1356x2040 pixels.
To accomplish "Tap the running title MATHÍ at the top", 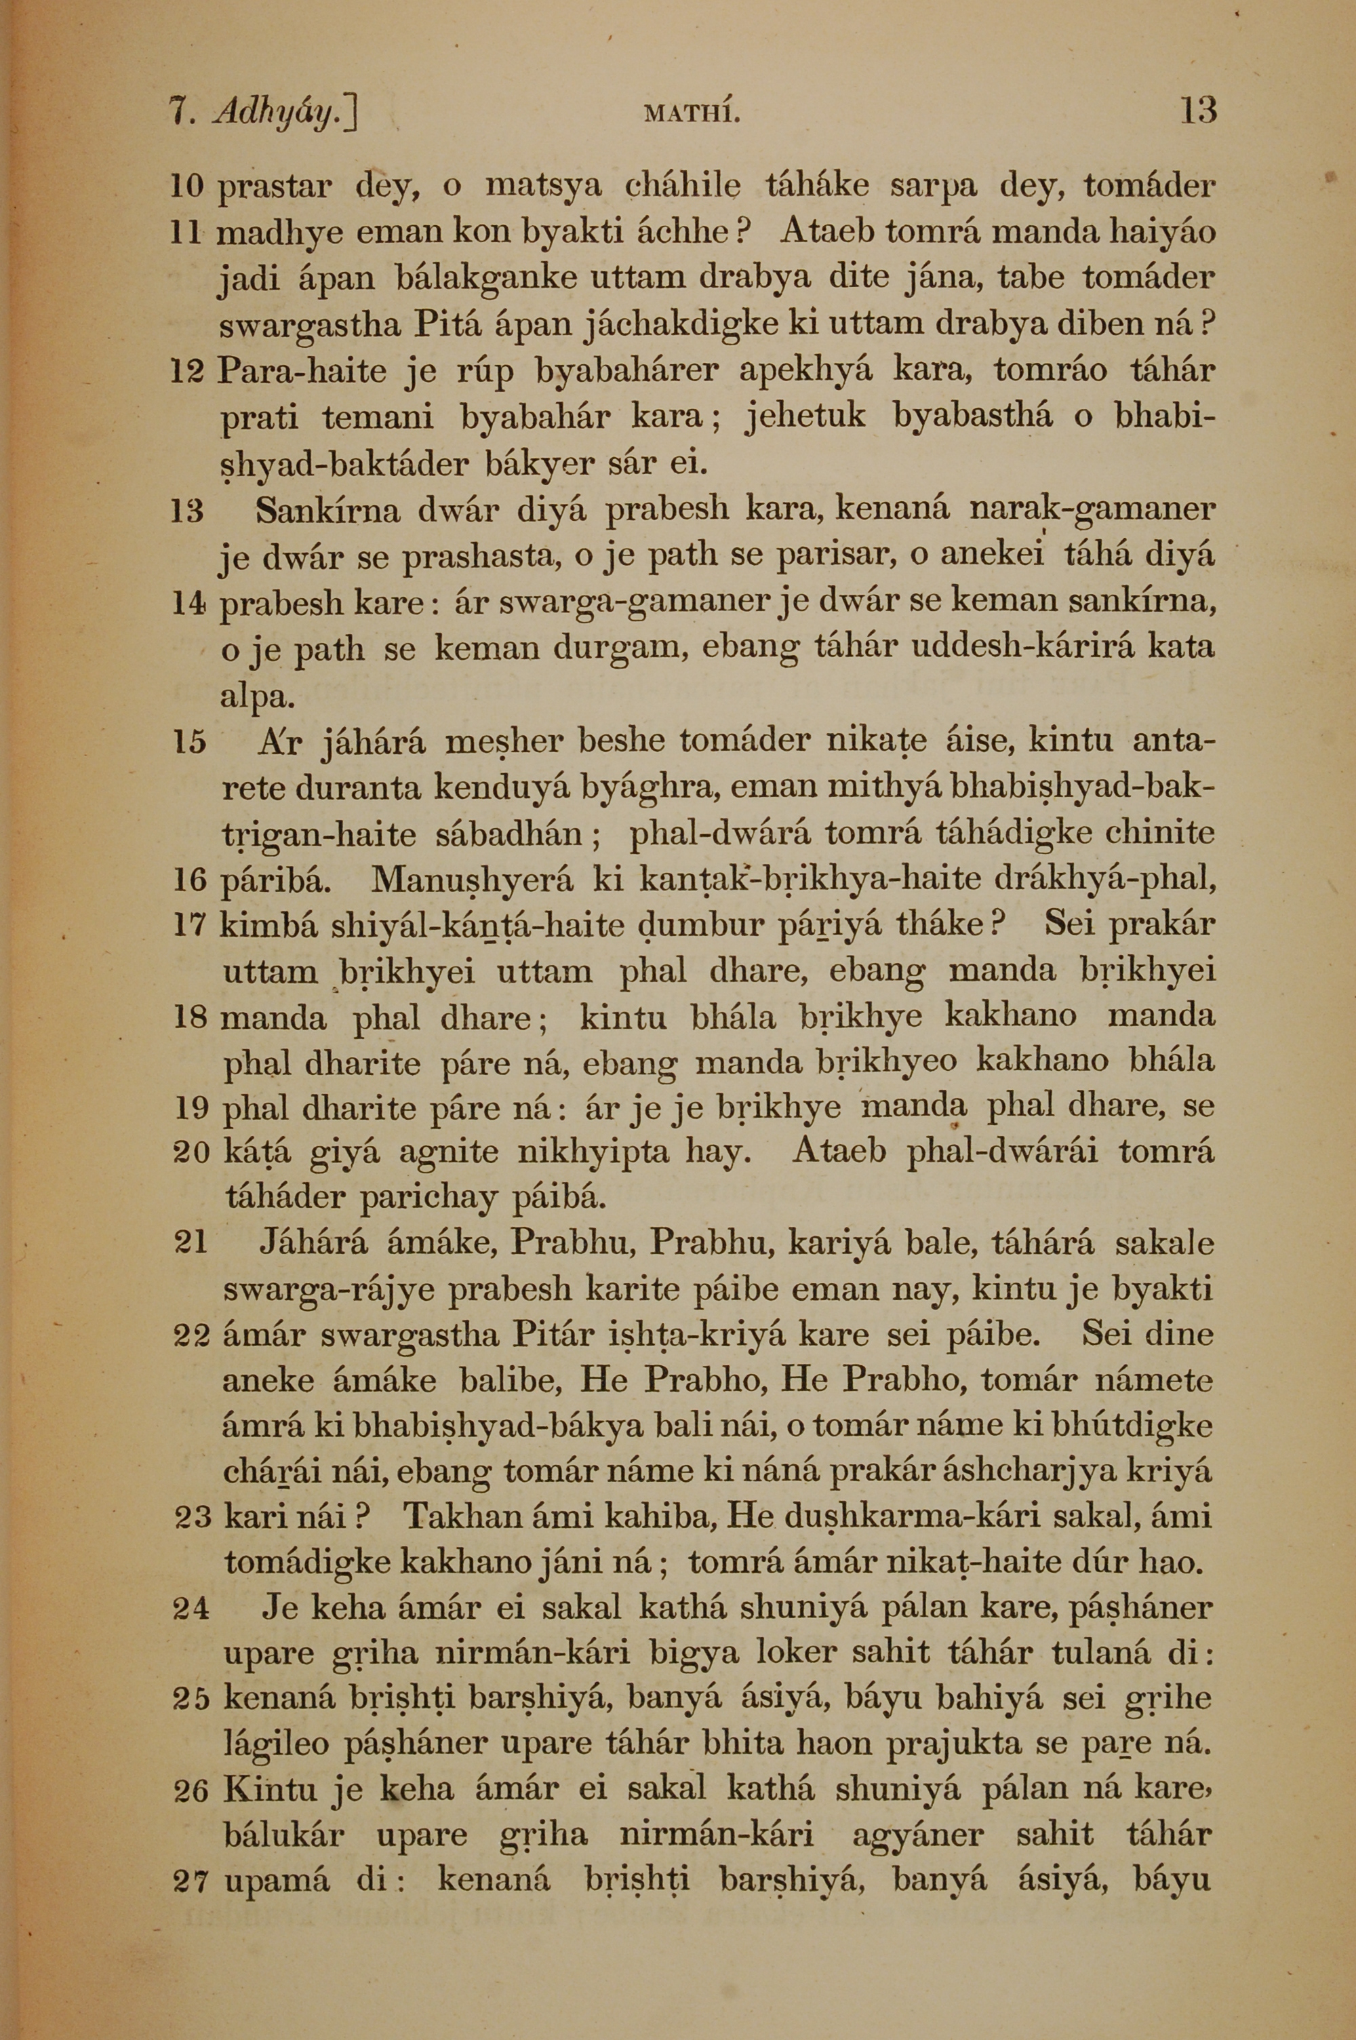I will tap(692, 113).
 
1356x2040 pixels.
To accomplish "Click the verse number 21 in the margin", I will tap(191, 1242).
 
